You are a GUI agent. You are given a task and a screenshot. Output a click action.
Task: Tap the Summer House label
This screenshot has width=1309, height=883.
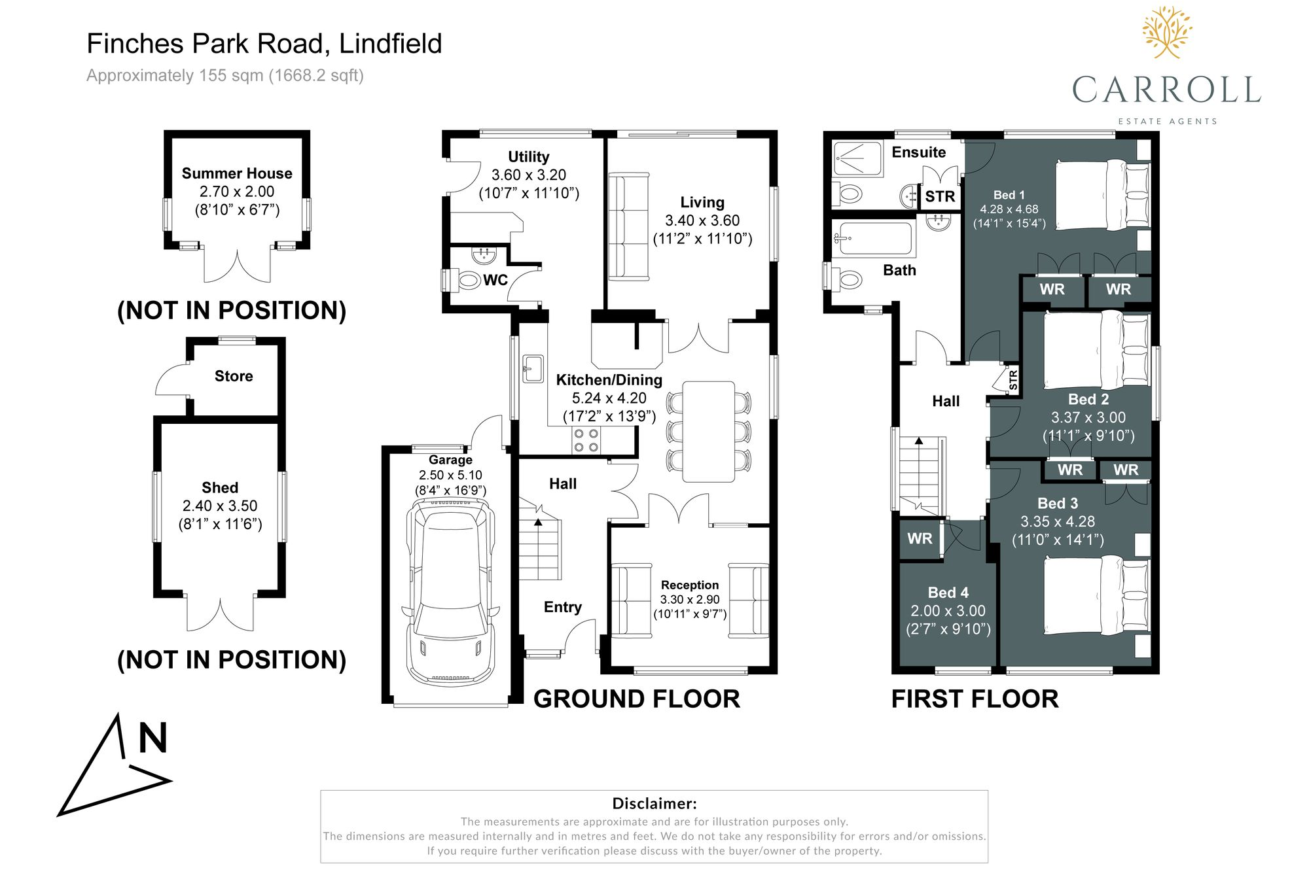pos(237,173)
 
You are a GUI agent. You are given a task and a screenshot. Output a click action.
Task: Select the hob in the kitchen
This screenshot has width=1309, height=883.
pos(586,440)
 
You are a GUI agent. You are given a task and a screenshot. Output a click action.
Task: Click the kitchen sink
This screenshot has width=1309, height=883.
pos(533,368)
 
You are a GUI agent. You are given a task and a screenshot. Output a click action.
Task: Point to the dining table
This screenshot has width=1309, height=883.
pos(708,432)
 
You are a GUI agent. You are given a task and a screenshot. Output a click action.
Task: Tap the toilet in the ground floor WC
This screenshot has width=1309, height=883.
pos(467,281)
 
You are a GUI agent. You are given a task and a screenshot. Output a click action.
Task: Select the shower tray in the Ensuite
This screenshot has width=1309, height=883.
pos(858,158)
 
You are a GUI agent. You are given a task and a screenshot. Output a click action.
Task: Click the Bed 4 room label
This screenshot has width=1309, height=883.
pos(948,593)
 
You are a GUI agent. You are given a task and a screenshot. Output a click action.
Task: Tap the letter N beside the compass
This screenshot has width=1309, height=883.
pos(152,738)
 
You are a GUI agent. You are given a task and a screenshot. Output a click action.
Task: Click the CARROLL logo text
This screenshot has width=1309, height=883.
pos(1166,90)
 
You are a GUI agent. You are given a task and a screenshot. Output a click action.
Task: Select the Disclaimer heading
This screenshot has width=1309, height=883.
pos(654,803)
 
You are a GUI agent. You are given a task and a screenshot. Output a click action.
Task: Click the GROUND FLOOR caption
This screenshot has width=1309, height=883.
pos(636,699)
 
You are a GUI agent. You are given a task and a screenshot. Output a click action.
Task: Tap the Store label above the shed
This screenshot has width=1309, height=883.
pos(234,376)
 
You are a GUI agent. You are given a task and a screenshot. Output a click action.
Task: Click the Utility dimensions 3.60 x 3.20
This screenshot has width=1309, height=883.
pos(529,175)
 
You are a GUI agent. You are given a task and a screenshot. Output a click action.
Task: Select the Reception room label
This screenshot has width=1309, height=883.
pos(690,585)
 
